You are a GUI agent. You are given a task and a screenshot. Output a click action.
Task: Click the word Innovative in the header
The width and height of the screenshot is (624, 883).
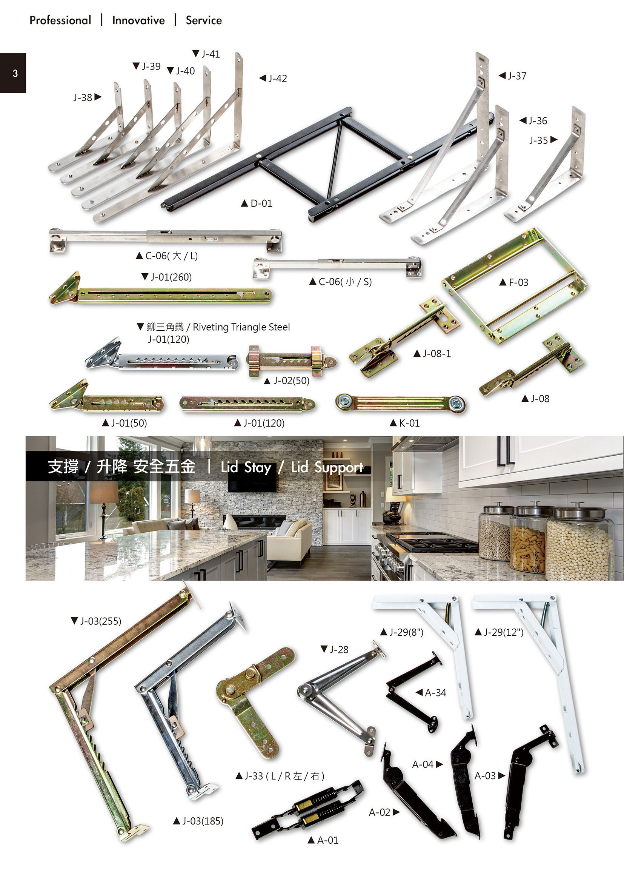(138, 20)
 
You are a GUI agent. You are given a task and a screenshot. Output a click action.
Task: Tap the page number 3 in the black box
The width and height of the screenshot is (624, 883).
(15, 73)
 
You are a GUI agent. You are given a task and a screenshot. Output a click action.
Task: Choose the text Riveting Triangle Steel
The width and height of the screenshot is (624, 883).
(241, 327)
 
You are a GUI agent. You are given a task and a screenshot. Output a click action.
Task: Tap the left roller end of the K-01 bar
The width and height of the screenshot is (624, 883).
(344, 402)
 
